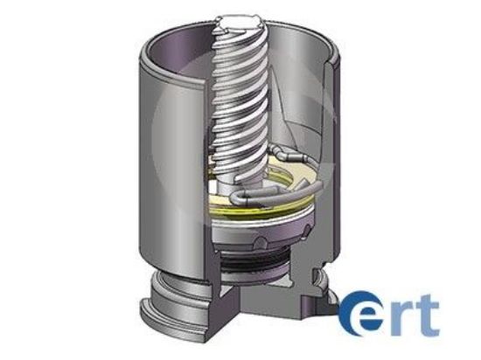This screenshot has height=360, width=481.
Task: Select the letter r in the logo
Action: (x=401, y=317)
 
